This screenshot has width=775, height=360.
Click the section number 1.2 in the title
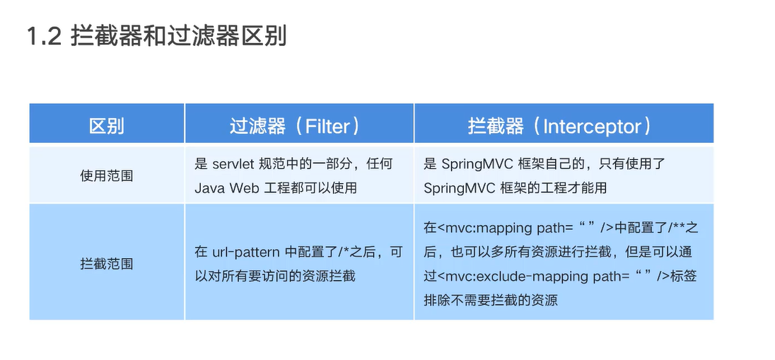pos(45,36)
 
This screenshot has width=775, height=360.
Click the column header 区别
pos(107,127)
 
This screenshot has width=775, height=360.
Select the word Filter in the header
pos(327,127)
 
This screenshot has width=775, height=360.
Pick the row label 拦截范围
pos(107,264)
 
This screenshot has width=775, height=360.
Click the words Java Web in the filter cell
pos(218,187)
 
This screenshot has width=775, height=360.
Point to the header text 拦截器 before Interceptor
pos(496,127)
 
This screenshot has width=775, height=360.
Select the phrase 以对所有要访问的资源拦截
pos(275,276)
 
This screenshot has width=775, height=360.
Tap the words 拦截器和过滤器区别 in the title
pos(178,36)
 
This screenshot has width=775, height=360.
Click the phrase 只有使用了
pos(627,164)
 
